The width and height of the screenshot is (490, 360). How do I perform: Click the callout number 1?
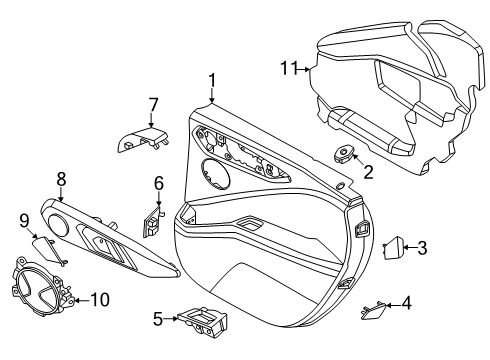click(212, 82)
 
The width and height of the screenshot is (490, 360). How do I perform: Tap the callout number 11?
click(289, 68)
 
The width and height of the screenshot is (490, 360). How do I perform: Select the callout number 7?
click(153, 106)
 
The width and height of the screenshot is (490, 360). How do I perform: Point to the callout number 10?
click(100, 300)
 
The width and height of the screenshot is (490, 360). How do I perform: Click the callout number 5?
click(158, 319)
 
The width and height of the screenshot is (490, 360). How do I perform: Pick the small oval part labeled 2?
click(342, 153)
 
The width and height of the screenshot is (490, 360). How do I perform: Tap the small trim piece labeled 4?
click(373, 310)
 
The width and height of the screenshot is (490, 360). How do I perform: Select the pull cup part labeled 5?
click(203, 322)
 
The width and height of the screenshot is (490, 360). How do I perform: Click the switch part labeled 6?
click(152, 221)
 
